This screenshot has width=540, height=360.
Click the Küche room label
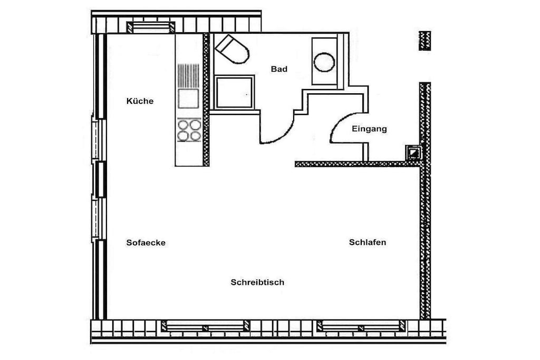[x=140, y=101]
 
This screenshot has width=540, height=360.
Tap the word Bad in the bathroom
[x=279, y=69]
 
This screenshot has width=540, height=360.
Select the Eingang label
[x=369, y=129]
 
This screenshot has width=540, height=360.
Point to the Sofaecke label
[x=146, y=242]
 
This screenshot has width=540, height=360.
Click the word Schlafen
[x=368, y=242]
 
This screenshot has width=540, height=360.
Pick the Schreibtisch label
[x=257, y=282]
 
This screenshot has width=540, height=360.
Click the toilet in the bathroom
[x=232, y=49]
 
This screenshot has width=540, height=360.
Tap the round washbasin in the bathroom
[x=324, y=62]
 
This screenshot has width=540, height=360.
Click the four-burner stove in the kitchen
[x=189, y=130]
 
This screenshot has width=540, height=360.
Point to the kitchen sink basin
[x=188, y=99]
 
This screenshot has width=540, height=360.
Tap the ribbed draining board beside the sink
[x=188, y=75]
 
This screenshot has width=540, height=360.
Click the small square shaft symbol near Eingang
[x=413, y=152]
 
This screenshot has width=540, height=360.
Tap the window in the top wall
[x=151, y=27]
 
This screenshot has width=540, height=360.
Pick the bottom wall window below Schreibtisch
[x=206, y=326]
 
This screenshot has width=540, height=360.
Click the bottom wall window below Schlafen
[x=361, y=326]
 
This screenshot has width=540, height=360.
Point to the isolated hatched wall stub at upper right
[x=425, y=41]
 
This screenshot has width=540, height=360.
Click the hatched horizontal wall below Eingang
[x=358, y=164]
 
